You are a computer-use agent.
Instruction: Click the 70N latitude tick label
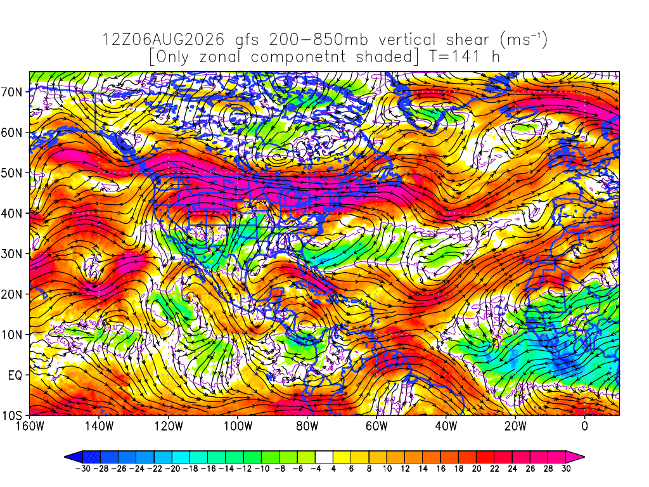(x=11, y=92)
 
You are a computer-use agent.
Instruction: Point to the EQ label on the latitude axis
(x=15, y=375)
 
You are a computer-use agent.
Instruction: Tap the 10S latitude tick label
(x=11, y=416)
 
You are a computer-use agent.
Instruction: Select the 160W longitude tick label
(x=30, y=426)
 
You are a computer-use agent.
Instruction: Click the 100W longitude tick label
(x=238, y=426)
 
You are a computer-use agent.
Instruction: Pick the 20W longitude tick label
(x=515, y=426)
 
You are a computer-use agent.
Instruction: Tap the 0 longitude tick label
(x=584, y=426)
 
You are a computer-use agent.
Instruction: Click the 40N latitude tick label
(x=11, y=214)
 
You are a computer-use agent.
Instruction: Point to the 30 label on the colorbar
(x=566, y=469)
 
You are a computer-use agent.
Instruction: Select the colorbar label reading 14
(x=423, y=469)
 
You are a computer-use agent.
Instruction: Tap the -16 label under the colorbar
(x=208, y=469)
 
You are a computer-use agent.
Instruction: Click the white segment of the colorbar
(x=324, y=457)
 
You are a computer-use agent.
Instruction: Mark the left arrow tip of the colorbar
(x=65, y=457)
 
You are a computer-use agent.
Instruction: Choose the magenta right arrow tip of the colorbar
(x=584, y=457)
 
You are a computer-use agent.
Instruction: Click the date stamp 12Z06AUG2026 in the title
(x=163, y=40)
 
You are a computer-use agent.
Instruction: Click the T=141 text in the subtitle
(x=454, y=56)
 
